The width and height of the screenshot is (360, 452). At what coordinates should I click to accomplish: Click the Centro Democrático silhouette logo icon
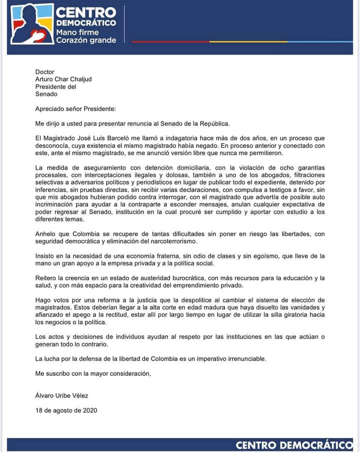[31, 24]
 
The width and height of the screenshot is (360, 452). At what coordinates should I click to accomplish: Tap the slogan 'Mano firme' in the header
[77, 33]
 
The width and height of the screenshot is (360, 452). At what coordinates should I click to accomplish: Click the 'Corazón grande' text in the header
[86, 41]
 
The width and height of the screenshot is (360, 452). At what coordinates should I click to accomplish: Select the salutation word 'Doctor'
[44, 72]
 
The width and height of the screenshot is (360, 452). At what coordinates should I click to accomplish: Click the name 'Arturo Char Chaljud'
[63, 79]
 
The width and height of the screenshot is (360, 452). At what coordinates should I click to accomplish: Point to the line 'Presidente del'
[55, 87]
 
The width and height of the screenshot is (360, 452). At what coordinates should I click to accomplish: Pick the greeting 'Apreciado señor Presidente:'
[75, 109]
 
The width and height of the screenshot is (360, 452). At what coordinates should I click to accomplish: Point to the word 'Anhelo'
[46, 234]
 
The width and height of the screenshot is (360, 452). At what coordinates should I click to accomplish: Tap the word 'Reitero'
[46, 278]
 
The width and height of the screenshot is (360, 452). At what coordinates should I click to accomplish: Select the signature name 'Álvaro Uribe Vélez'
[61, 395]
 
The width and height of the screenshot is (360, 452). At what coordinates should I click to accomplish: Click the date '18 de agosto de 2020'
[66, 410]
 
